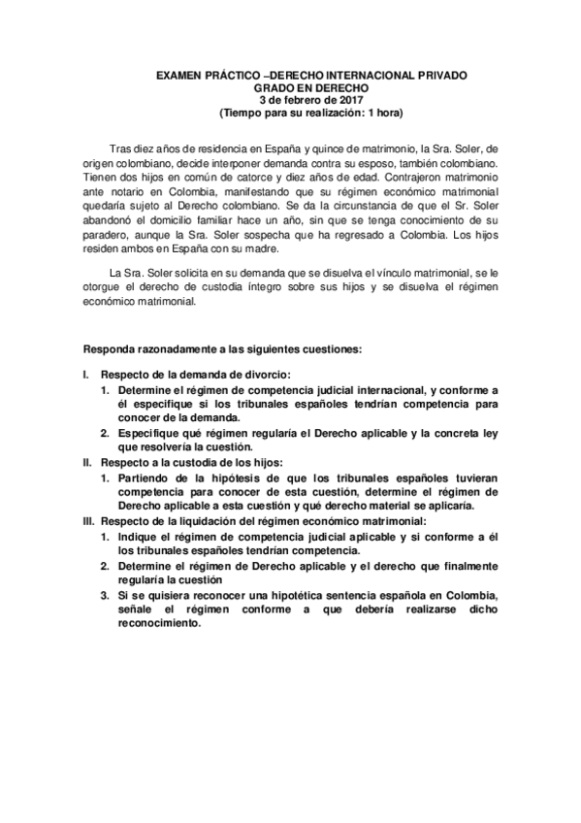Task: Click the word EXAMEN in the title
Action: (178, 75)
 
